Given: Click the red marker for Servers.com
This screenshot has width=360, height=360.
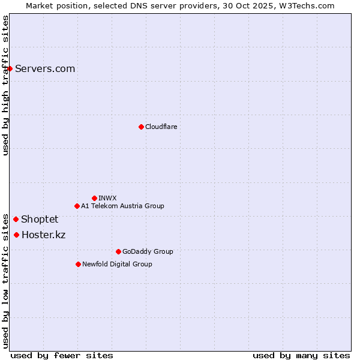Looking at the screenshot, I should click(10, 68).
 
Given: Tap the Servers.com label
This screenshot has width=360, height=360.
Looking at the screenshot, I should click(45, 68).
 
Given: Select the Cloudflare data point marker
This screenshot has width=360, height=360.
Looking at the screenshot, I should click(141, 127).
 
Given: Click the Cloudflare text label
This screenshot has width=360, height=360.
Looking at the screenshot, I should click(161, 127).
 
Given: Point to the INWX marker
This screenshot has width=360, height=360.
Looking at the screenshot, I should click(94, 198).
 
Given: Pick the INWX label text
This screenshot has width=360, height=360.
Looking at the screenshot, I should click(107, 198).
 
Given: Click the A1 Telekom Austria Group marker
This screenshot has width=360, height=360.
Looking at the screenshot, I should click(77, 206).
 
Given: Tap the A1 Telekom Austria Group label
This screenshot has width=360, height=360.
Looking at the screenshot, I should click(122, 206).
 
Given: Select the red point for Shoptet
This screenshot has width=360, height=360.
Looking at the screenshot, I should click(16, 219).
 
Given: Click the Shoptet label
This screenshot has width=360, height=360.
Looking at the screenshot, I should click(40, 219).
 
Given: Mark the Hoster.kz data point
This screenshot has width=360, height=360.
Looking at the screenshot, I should click(16, 235).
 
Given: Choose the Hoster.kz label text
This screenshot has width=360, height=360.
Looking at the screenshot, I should click(43, 235).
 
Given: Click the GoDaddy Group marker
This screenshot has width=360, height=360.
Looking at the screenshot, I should click(118, 251).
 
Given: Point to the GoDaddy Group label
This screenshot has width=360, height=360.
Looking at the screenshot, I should click(148, 251).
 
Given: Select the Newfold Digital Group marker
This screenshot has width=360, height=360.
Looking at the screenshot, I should click(78, 264).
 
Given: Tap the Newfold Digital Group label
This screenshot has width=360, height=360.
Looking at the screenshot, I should click(117, 264).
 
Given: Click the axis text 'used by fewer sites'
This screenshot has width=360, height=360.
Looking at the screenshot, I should click(62, 355).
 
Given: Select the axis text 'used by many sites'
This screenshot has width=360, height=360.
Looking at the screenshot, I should click(301, 355).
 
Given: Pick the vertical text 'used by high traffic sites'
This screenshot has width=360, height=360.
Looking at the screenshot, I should click(5, 85).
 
